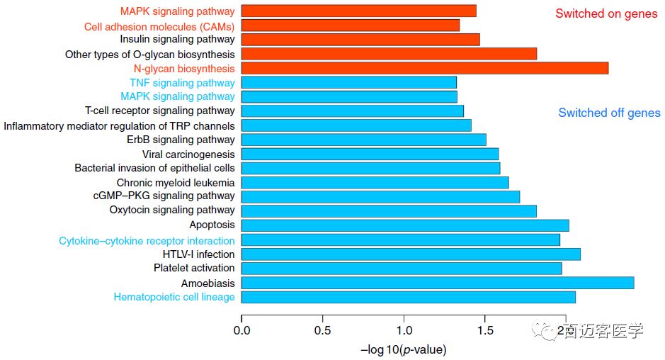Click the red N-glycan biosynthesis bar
click(425, 68)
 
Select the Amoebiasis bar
click(438, 283)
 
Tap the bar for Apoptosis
click(405, 225)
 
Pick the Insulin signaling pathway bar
click(360, 39)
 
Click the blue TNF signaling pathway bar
click(349, 82)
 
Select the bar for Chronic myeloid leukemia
click(375, 182)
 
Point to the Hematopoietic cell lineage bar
click(409, 297)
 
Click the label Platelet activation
click(194, 268)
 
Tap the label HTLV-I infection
click(198, 254)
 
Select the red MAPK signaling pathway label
click(177, 11)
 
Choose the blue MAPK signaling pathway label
click(177, 96)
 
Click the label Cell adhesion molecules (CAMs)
click(159, 26)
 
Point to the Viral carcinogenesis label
click(188, 154)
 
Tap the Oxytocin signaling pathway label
click(172, 210)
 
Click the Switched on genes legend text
click(606, 14)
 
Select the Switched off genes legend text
click(609, 113)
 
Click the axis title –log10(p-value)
click(404, 350)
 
